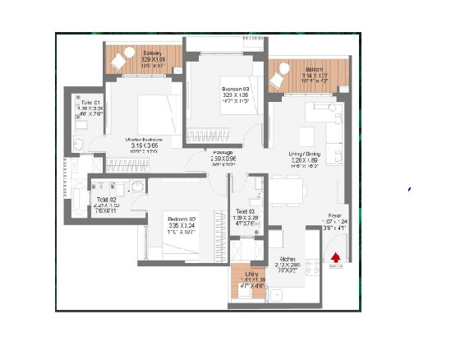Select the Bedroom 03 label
pos(237,89)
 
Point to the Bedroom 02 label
pos(183,219)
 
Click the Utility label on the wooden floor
pos(251,274)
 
